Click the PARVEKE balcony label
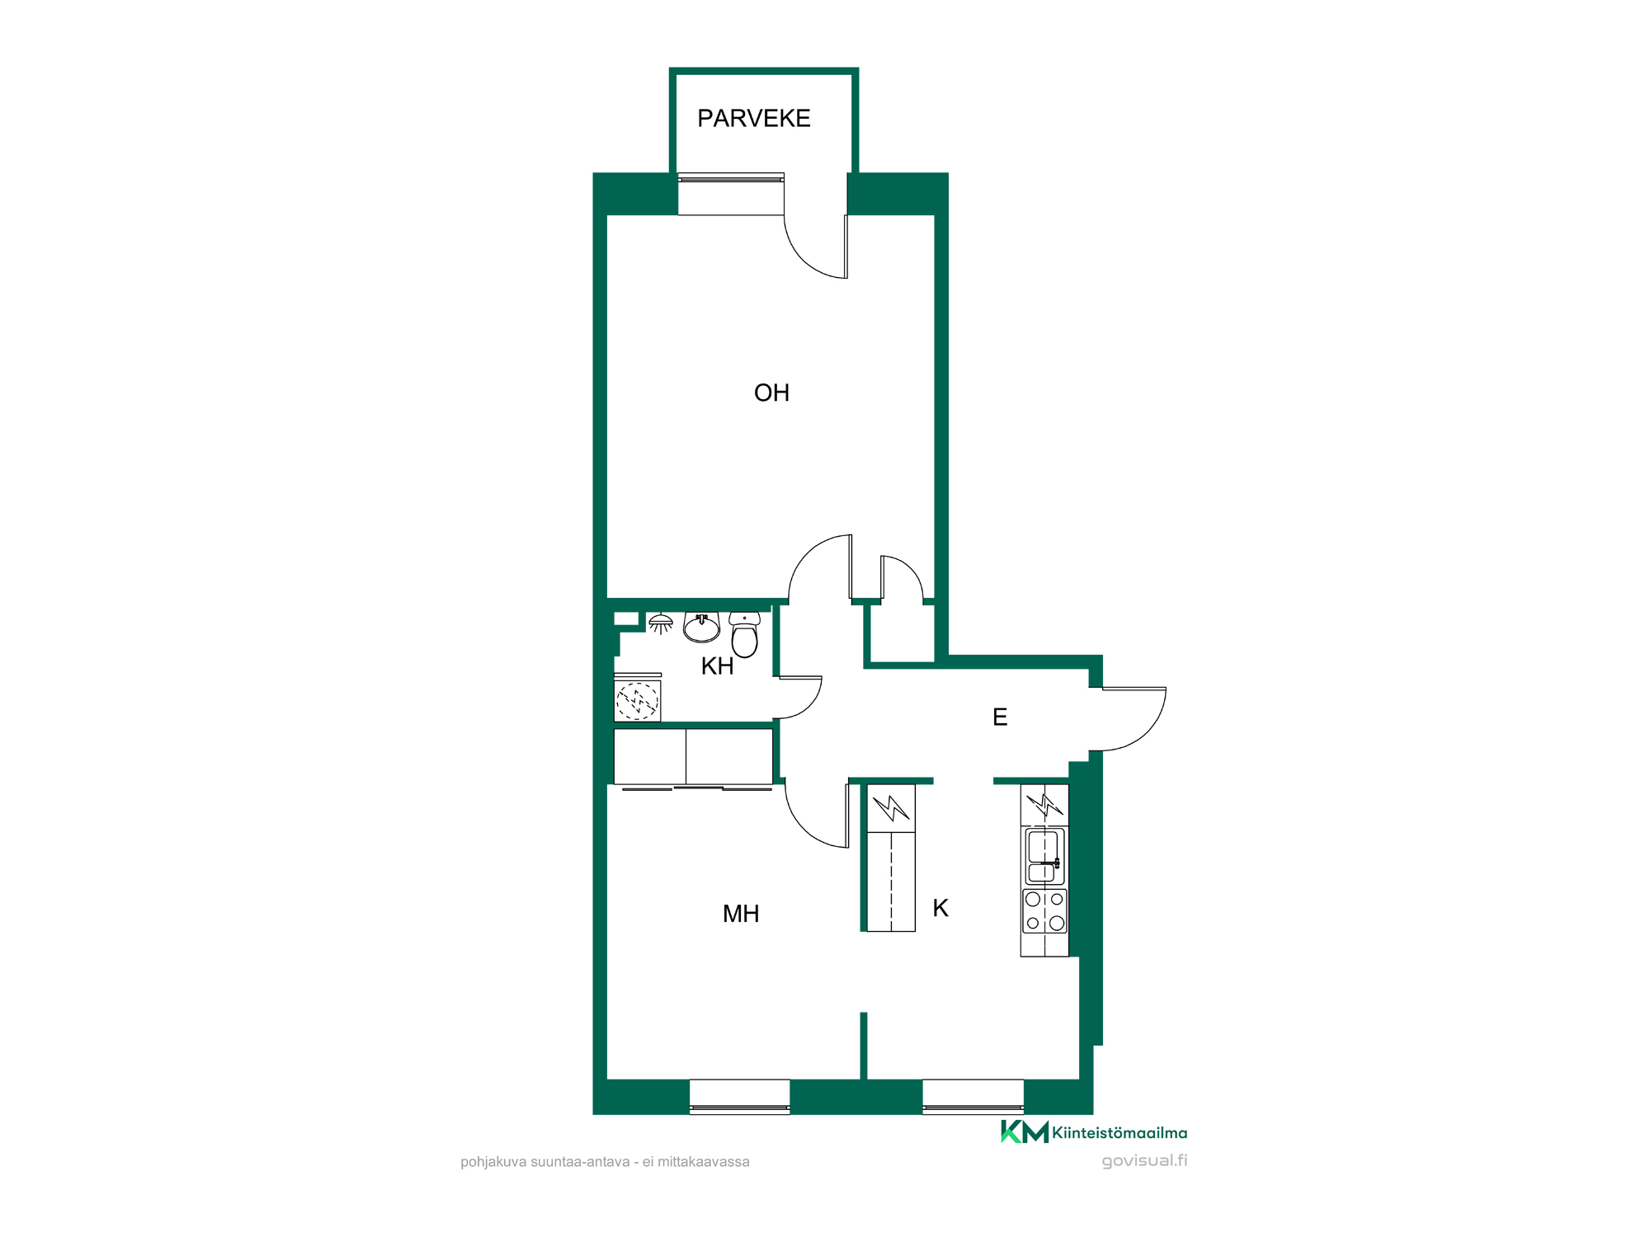[x=753, y=119]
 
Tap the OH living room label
[x=771, y=393]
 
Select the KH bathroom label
[x=717, y=666]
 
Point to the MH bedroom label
[x=741, y=914]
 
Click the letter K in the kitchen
[x=940, y=908]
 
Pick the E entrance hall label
[x=1000, y=717]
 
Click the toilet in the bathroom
[x=744, y=634]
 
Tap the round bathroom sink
[x=701, y=627]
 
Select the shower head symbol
[x=661, y=623]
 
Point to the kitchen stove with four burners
[x=1044, y=911]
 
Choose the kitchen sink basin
[x=1044, y=857]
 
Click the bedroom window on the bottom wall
[x=739, y=1097]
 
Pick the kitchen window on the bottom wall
[x=973, y=1097]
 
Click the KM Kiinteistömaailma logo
[x=1094, y=1132]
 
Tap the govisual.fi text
[x=1144, y=1161]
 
